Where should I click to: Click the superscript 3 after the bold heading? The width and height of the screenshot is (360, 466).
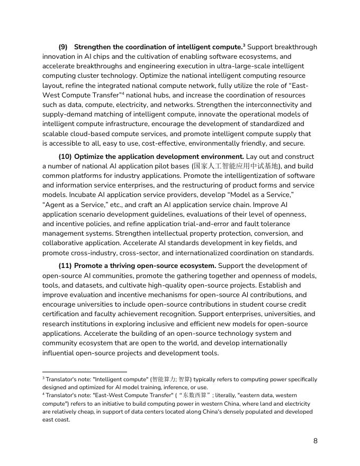click(x=244, y=46)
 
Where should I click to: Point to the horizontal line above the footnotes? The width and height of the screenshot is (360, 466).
click(x=85, y=372)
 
